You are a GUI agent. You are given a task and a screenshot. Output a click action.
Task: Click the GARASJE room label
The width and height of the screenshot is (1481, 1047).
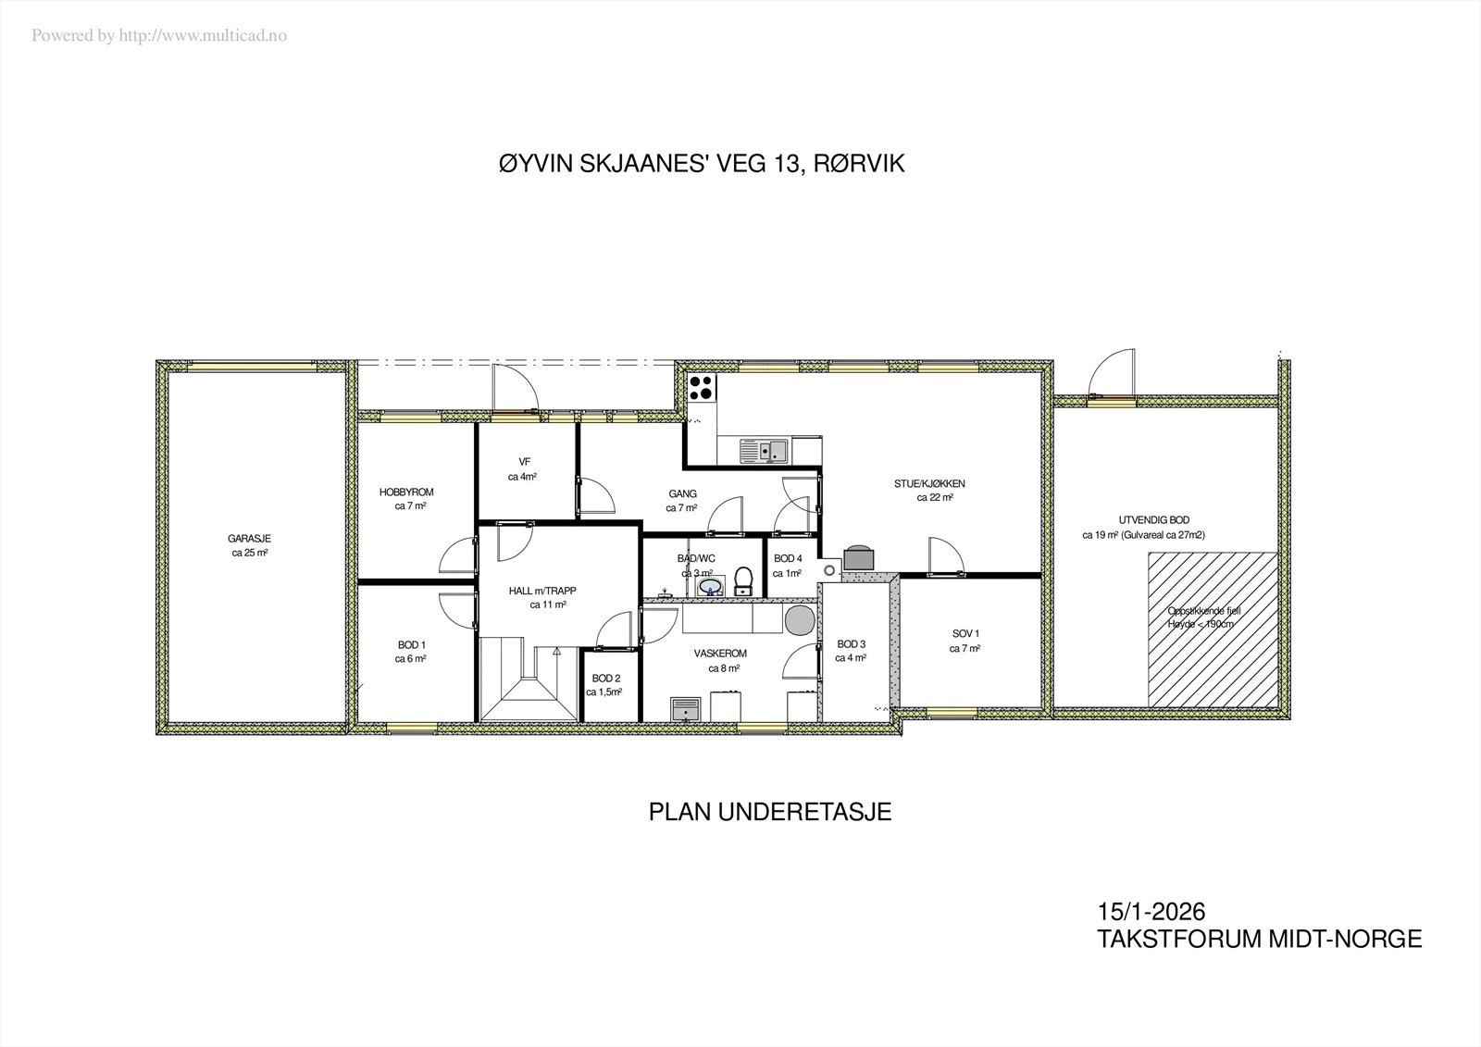[x=250, y=539]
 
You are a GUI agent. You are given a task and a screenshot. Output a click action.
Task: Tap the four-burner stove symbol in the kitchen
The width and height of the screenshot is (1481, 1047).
[x=702, y=387]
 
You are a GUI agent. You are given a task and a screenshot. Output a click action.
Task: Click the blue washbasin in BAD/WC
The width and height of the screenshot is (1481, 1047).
[x=710, y=586]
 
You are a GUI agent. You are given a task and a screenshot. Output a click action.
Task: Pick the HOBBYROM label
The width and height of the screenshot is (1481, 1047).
[x=406, y=492]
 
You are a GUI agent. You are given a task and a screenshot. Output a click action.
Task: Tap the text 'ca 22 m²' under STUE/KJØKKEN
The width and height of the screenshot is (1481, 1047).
[x=935, y=497]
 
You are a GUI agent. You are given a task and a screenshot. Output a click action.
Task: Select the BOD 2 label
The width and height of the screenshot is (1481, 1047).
[x=605, y=678]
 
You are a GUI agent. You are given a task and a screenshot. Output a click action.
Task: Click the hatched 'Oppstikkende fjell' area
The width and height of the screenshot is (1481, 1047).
[x=1213, y=629]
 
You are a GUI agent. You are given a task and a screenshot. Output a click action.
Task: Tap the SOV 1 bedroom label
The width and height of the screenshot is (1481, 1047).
[x=965, y=634]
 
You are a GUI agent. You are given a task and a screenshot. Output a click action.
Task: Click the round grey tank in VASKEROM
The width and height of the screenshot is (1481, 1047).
[x=800, y=620]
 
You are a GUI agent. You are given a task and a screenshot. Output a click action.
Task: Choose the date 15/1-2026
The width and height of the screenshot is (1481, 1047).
[x=1151, y=914]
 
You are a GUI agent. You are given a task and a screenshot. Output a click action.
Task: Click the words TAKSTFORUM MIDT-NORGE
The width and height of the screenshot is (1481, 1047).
[x=1259, y=939]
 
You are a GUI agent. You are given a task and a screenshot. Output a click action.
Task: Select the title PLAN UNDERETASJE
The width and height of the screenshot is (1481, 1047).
[x=769, y=813]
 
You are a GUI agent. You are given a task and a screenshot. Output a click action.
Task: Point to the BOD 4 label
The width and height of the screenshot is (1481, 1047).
[x=788, y=558]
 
